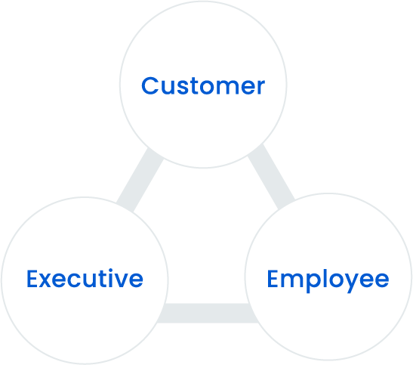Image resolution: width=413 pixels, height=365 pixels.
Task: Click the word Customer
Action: (x=203, y=85)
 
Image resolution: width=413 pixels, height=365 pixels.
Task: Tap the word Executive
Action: (x=85, y=278)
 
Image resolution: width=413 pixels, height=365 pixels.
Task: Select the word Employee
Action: (x=328, y=280)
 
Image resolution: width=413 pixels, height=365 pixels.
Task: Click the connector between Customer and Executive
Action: (x=140, y=180)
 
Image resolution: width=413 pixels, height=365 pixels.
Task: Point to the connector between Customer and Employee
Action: (x=271, y=177)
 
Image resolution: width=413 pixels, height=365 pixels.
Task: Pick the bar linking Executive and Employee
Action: (x=208, y=313)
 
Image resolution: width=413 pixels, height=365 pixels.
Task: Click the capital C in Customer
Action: (x=149, y=85)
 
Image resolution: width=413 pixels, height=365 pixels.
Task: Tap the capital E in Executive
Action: (x=32, y=279)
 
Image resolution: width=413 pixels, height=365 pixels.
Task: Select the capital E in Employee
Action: (x=273, y=279)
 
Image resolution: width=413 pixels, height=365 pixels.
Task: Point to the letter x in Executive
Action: (x=45, y=281)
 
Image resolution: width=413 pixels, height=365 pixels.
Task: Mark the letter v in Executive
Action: (x=121, y=281)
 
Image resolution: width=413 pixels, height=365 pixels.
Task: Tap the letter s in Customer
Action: (x=182, y=88)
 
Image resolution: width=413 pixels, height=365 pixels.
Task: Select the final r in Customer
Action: (x=261, y=88)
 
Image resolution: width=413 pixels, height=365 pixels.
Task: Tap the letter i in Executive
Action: (x=111, y=278)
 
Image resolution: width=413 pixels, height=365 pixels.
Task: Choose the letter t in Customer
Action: (x=193, y=86)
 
